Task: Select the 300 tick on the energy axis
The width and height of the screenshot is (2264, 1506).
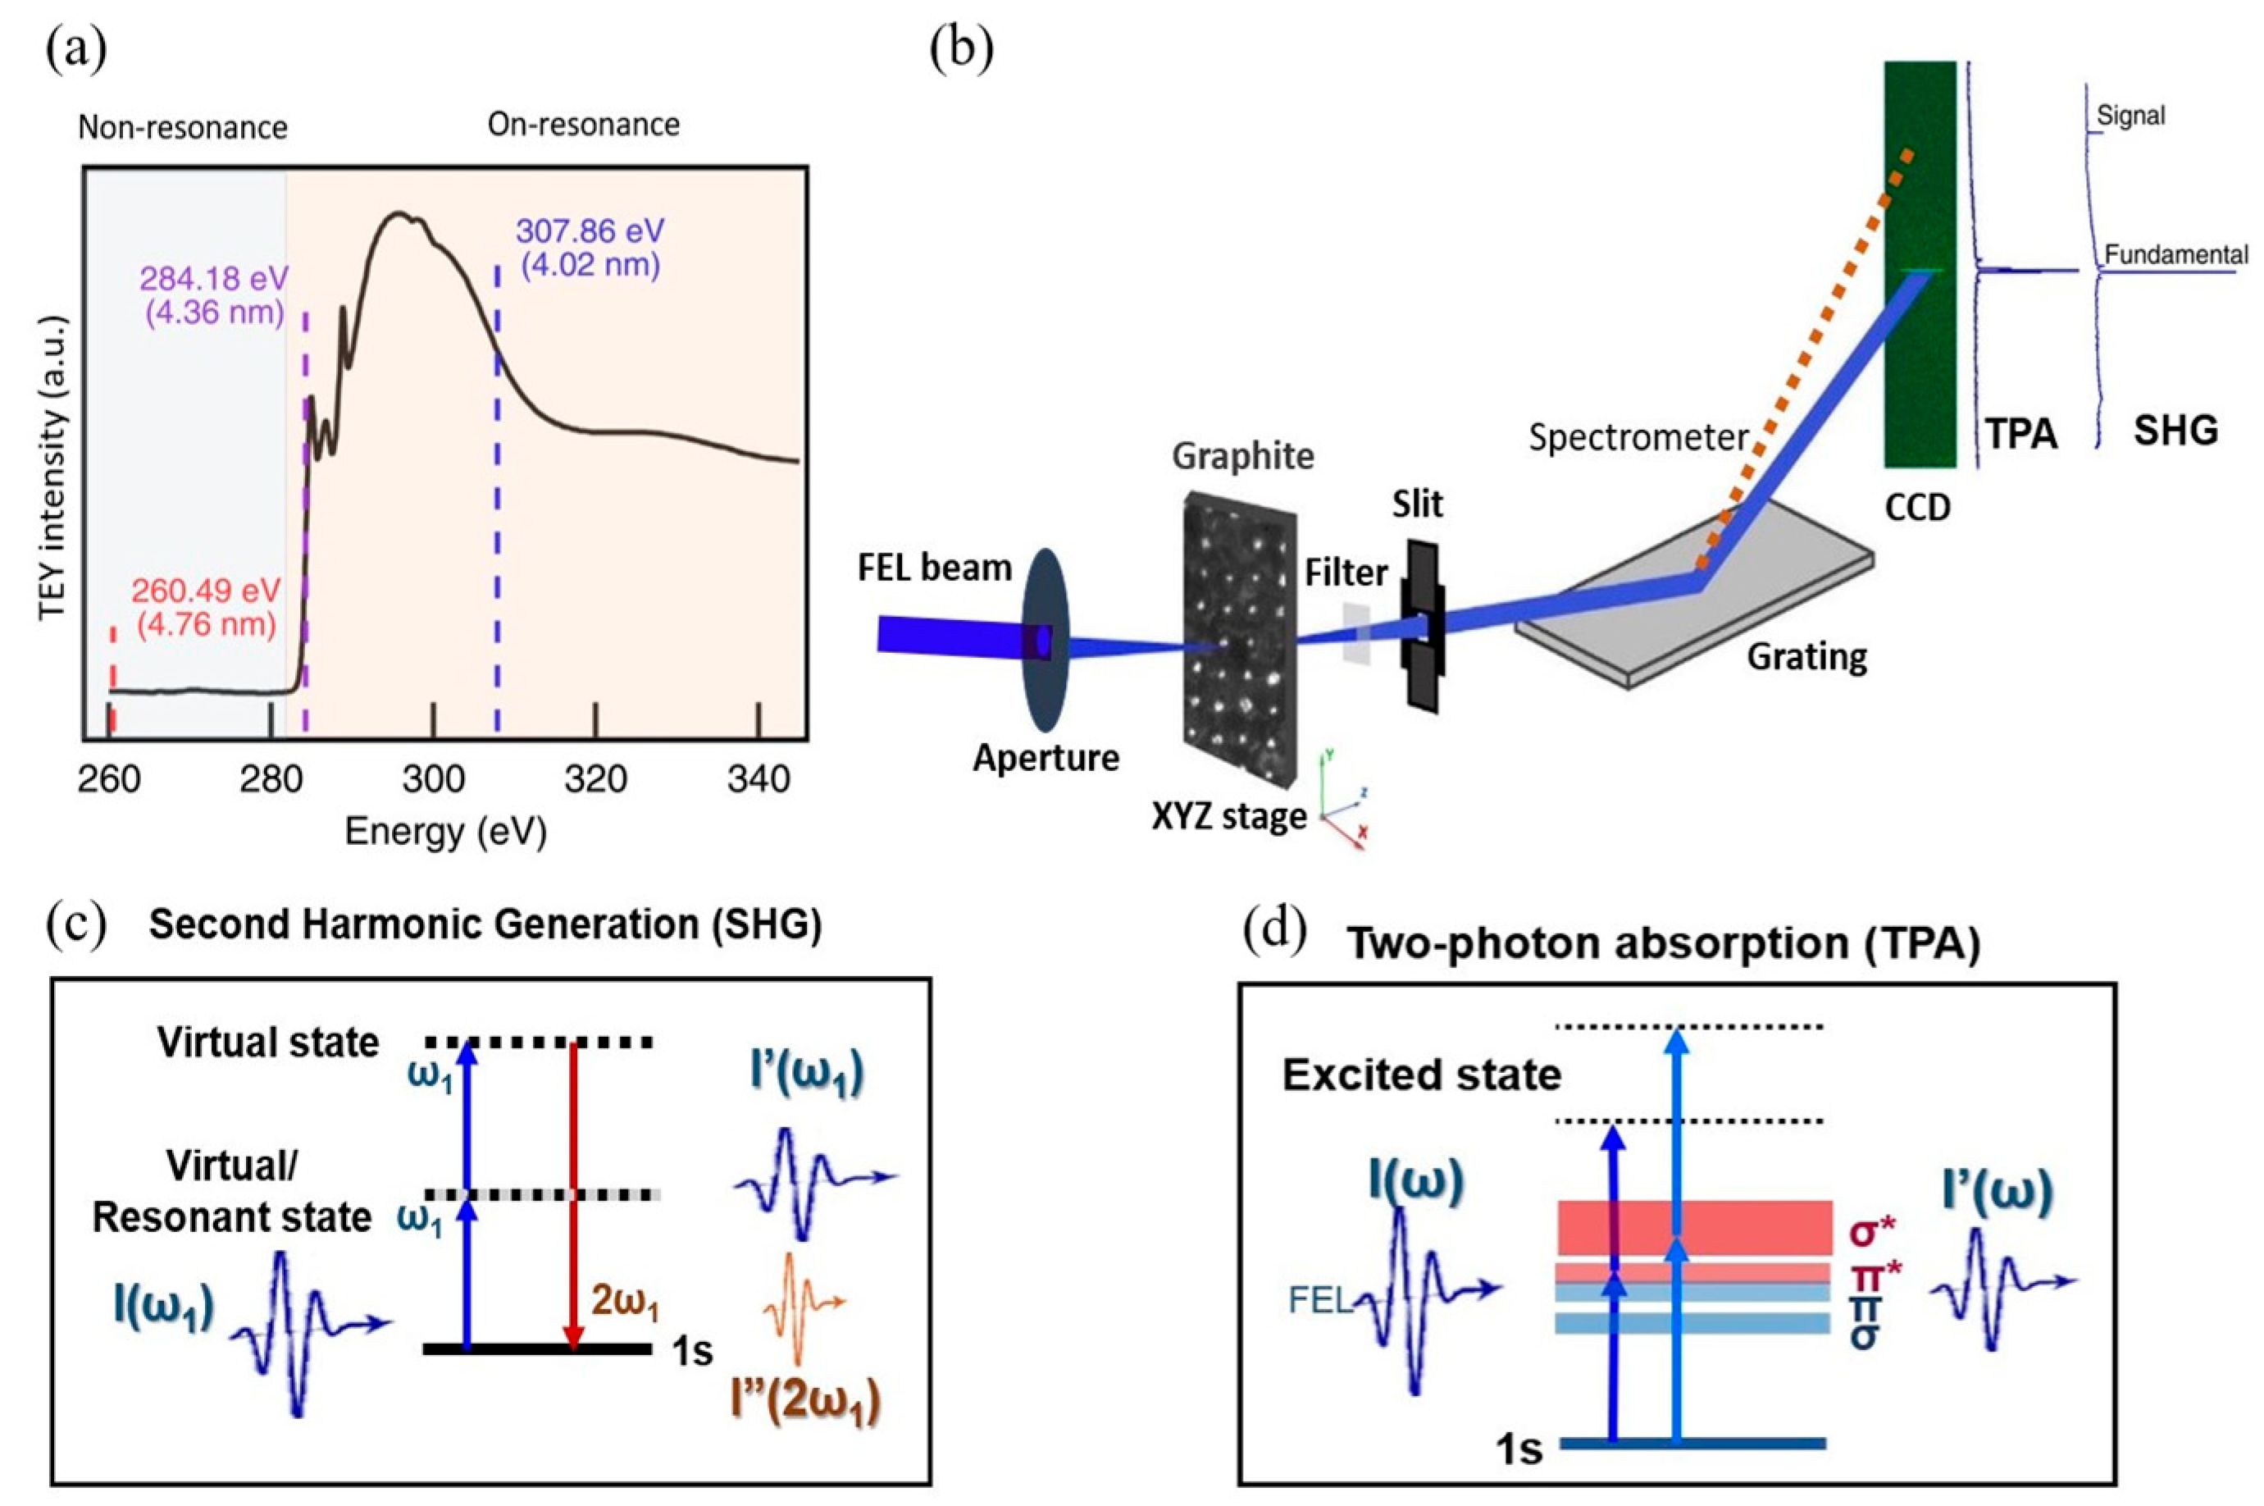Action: (433, 778)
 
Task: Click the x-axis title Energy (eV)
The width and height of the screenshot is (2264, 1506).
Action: (445, 831)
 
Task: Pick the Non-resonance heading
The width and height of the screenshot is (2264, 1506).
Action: (182, 127)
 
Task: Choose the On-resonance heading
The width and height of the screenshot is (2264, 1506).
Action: (584, 124)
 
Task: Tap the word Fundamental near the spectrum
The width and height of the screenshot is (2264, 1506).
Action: (2175, 254)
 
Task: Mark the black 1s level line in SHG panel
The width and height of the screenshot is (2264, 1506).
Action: (537, 1348)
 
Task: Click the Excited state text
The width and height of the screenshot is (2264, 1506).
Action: (1421, 1075)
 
